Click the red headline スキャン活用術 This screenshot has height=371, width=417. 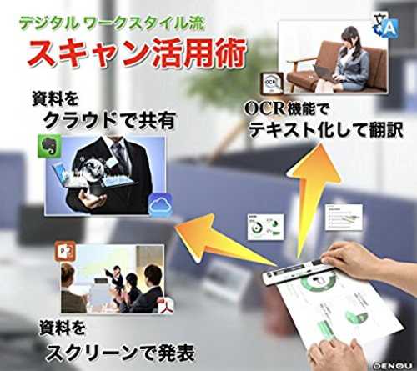(x=137, y=53)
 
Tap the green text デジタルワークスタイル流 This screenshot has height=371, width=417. (x=112, y=23)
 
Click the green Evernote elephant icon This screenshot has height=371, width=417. (x=49, y=146)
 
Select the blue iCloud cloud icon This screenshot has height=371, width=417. (x=161, y=204)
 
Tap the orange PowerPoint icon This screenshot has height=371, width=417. (x=65, y=251)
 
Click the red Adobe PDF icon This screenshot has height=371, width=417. (x=167, y=306)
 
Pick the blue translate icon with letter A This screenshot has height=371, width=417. (x=386, y=26)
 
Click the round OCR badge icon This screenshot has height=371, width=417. (x=272, y=83)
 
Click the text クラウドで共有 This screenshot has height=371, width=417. (x=110, y=121)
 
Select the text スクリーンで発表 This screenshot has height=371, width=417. (x=120, y=353)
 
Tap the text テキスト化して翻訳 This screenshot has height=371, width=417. (x=325, y=130)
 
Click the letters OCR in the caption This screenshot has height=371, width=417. (x=264, y=108)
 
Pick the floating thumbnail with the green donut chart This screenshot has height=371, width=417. (x=265, y=227)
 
